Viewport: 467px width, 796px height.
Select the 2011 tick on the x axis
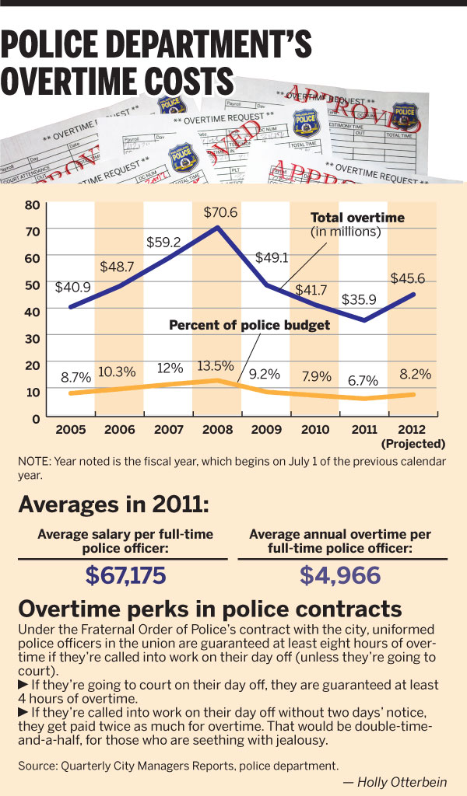tap(363, 429)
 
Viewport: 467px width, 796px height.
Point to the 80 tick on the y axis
tap(32, 205)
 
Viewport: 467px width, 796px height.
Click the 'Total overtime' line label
tap(357, 218)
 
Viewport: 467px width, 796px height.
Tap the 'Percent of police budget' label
tap(249, 326)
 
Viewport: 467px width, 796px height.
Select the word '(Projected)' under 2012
tap(413, 444)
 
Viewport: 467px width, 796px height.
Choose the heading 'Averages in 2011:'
tap(113, 504)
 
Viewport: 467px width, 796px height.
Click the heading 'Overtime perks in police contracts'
tap(210, 608)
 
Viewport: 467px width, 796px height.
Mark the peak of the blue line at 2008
tap(216, 227)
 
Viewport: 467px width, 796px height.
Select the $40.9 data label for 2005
tap(72, 287)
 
